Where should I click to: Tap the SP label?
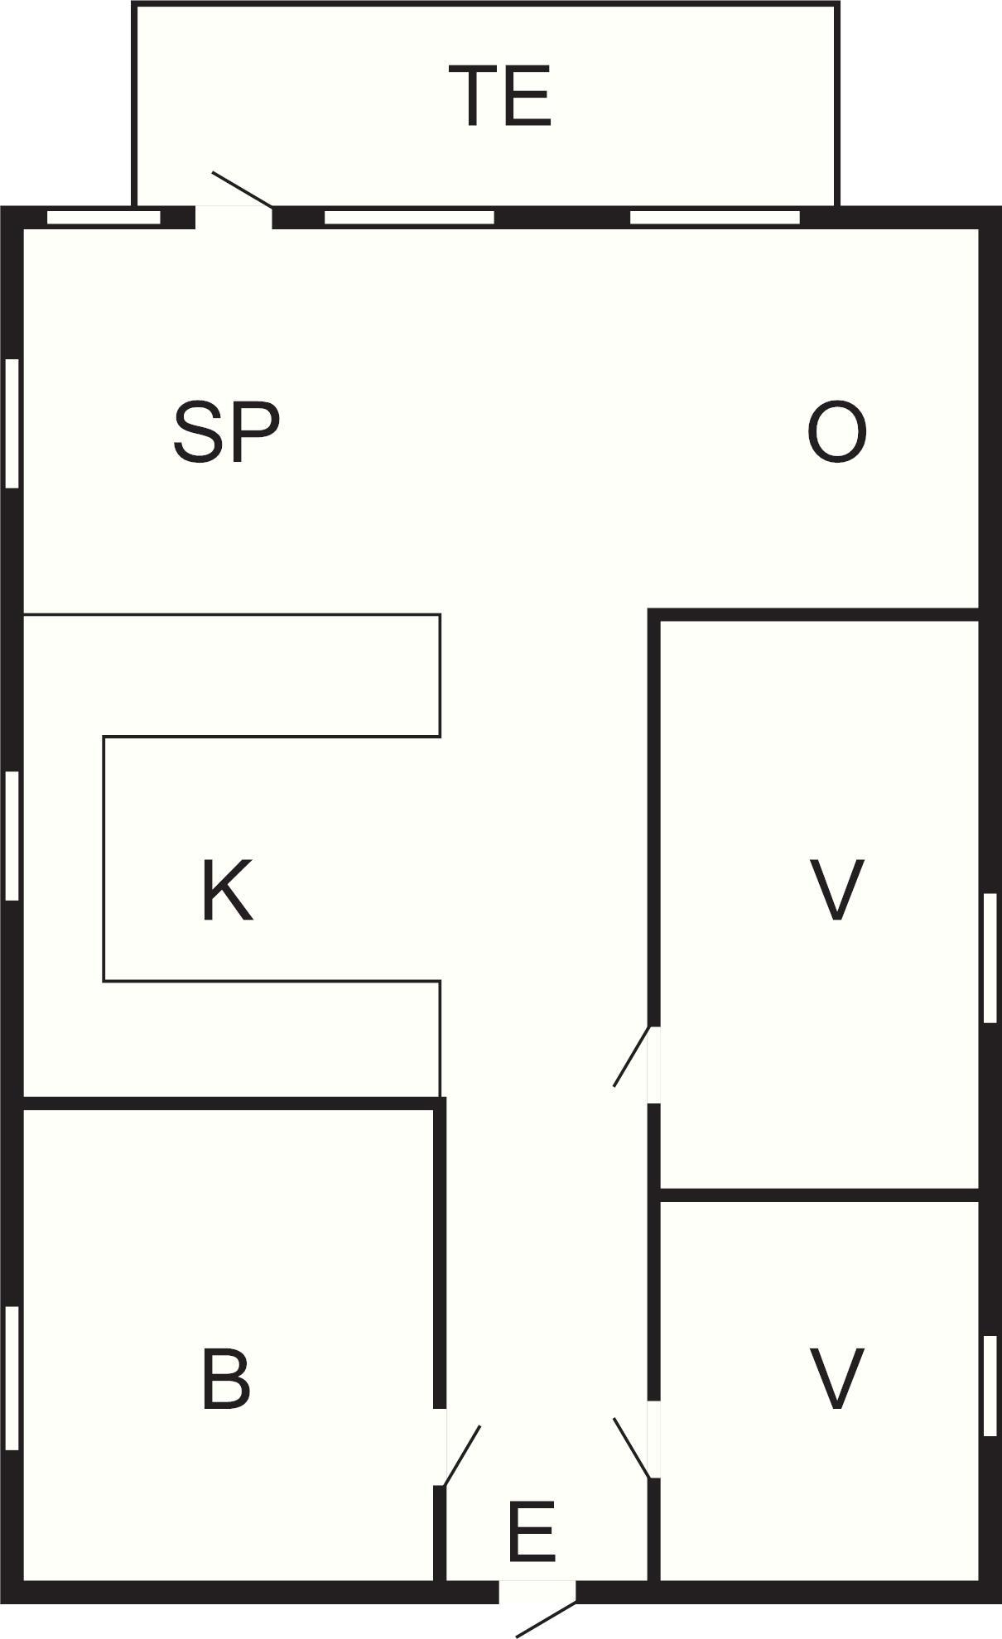226,432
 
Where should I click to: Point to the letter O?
836,432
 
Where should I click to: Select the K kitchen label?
227,890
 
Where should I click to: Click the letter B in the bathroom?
226,1378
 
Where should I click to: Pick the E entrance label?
531,1532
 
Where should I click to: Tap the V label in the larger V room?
836,890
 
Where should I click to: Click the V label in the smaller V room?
836,1378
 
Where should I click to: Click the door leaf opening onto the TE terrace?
243,190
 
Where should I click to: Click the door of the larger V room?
633,1055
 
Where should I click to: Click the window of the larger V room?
990,958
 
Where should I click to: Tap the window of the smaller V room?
990,1386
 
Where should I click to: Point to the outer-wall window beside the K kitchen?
12,835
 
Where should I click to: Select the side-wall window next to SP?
12,423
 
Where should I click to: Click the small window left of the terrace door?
104,218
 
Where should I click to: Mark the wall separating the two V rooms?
819,1195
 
